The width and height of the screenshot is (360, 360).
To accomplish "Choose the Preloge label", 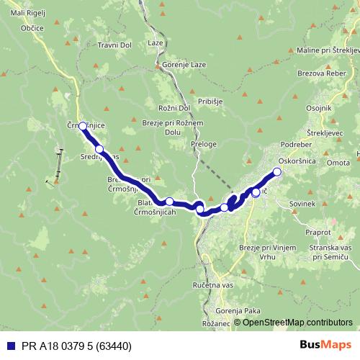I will tap(204, 144).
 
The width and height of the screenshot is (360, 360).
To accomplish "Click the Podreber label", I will tap(295, 143).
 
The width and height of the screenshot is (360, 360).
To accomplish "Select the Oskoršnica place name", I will tap(297, 161).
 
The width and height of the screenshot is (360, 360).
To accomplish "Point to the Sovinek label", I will tap(302, 204).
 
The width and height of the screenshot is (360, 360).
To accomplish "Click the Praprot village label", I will tap(317, 233).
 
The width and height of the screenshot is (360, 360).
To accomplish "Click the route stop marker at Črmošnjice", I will tap(83, 126).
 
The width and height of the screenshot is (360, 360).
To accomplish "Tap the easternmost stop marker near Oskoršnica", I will tap(277, 171).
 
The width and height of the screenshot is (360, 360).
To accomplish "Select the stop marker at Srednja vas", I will tap(99, 149).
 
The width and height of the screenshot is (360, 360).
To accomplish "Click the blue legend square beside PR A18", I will tap(10, 346).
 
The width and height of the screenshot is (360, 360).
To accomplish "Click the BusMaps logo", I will tap(326, 346).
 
